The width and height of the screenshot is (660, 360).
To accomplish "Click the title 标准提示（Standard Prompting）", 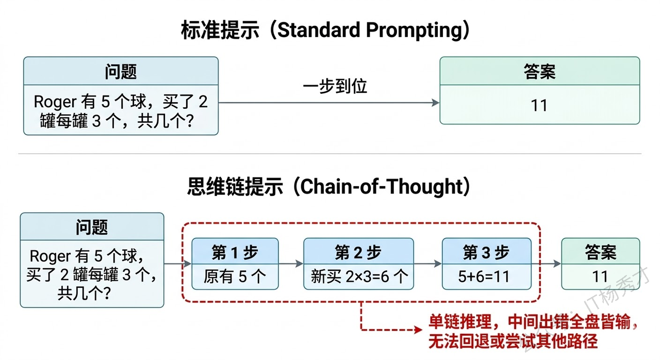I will [326, 30].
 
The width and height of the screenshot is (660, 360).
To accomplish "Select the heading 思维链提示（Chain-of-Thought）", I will [329, 187].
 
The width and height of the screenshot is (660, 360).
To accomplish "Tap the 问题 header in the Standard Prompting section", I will [121, 71].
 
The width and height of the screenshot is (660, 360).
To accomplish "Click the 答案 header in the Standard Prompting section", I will [539, 71].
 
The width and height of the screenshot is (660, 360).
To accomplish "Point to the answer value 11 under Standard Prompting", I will [539, 106].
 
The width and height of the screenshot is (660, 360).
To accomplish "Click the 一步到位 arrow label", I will [335, 86].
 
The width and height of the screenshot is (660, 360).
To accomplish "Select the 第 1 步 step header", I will [235, 252].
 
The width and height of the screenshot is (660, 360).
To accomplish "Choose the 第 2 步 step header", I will [358, 252].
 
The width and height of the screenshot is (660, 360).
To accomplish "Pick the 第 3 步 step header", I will [486, 252].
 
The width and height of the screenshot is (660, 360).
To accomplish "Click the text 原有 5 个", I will [235, 276].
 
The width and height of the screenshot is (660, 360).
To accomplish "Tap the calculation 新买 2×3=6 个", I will [358, 276].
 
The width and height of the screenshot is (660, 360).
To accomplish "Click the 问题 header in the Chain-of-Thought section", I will [92, 227].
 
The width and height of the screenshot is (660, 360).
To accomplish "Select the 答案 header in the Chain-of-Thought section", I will [600, 252].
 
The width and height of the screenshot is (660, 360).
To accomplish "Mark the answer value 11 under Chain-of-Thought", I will [600, 276].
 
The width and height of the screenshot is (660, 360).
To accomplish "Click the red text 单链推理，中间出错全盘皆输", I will [533, 323].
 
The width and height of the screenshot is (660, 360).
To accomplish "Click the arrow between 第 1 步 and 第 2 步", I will [291, 264].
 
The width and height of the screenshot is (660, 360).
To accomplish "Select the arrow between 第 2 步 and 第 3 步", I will [427, 264].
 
